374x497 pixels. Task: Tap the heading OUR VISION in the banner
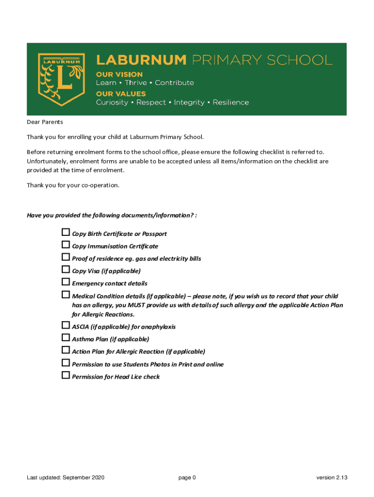click(x=119, y=74)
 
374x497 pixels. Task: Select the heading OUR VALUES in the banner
click(x=120, y=94)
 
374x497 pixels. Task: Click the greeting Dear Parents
click(x=45, y=122)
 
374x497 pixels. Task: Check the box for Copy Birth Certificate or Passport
click(x=66, y=232)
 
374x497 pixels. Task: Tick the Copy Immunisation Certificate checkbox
click(x=66, y=245)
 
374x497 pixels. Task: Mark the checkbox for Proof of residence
click(x=66, y=257)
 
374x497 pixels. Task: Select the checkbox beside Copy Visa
click(x=66, y=270)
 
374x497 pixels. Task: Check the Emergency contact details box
click(x=66, y=282)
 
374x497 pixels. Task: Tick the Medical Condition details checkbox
click(x=66, y=295)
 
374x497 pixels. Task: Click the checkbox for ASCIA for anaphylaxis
click(x=66, y=325)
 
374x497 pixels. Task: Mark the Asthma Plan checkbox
click(x=66, y=338)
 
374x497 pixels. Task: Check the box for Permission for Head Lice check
click(x=66, y=375)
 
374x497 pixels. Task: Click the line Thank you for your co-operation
click(x=73, y=185)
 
